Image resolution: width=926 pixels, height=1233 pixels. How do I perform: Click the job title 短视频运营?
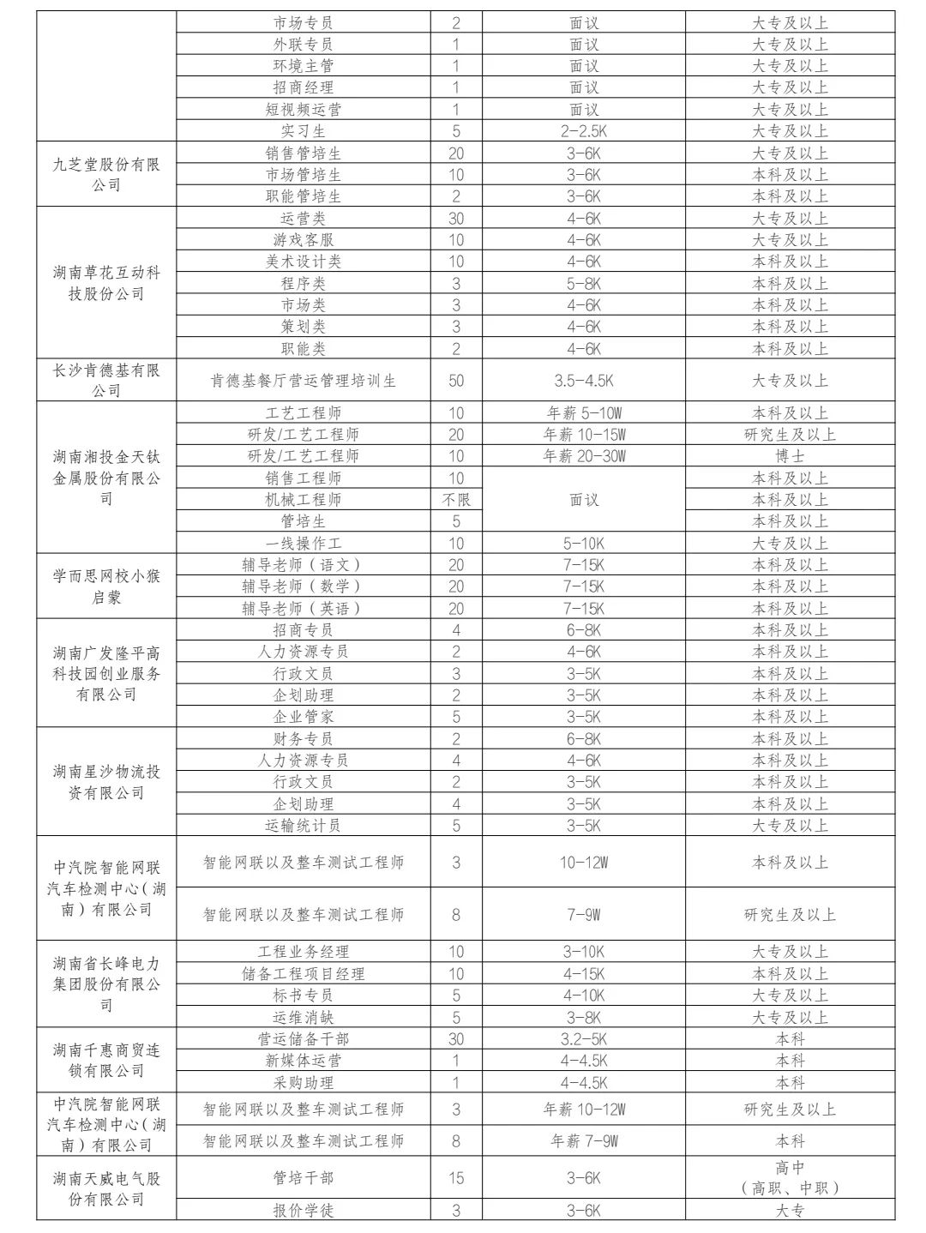click(304, 109)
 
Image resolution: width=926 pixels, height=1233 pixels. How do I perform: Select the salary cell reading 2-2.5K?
click(584, 131)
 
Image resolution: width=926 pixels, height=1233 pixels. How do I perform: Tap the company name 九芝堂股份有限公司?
click(106, 174)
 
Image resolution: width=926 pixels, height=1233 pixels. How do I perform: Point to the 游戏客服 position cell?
click(304, 240)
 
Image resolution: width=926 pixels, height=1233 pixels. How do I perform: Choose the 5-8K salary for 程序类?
click(584, 283)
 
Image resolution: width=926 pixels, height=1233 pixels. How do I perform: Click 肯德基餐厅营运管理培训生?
click(304, 380)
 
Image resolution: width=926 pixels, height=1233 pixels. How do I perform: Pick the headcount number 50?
click(456, 380)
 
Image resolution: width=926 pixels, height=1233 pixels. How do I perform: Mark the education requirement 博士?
click(790, 456)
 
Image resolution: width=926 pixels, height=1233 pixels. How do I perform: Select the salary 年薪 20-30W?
click(584, 456)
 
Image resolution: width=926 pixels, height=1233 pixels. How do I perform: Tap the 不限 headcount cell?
click(456, 499)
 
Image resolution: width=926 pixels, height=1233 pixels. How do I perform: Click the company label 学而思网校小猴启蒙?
click(106, 586)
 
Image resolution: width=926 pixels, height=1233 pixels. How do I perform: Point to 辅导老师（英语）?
click(304, 608)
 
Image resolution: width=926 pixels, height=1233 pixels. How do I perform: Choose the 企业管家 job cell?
click(304, 717)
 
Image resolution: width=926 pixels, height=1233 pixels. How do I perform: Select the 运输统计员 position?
click(304, 825)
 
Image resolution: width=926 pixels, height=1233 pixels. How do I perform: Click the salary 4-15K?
click(584, 973)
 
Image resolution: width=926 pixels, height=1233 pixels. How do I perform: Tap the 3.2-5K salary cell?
click(584, 1038)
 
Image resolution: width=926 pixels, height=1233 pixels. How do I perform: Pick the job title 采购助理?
click(304, 1082)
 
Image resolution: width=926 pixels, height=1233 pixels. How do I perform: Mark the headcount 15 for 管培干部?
click(456, 1178)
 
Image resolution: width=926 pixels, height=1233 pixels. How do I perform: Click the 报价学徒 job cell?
click(304, 1210)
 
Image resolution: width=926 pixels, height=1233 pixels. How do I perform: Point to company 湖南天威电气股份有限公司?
click(106, 1188)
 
